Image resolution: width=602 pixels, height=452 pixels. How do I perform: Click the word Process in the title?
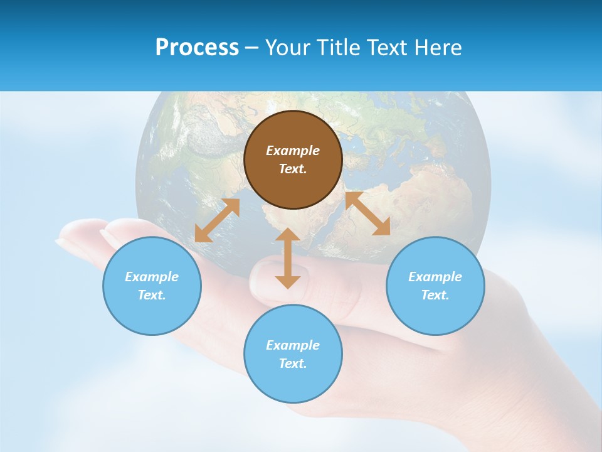[197, 48]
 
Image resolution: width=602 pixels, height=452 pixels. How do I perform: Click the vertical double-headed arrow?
[288, 258]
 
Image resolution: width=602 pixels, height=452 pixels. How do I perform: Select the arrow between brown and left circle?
[217, 220]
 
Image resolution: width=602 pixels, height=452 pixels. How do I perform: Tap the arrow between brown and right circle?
[367, 213]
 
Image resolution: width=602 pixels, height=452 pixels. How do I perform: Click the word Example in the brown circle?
[293, 151]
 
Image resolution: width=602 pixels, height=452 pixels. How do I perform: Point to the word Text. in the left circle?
[152, 295]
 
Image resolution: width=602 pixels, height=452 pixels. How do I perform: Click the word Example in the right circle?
[435, 277]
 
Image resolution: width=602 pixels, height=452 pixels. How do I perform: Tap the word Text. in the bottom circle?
[293, 363]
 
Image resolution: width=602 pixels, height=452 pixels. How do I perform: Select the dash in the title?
[252, 48]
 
